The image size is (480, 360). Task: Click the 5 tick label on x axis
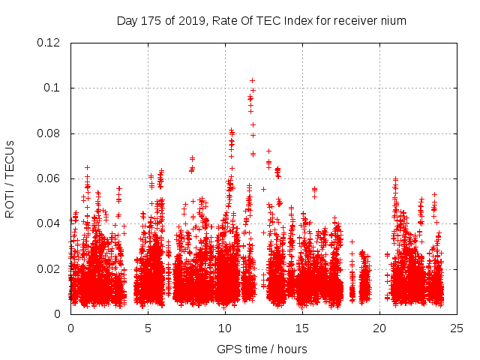coord(148,328)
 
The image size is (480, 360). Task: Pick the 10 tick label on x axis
coord(225,328)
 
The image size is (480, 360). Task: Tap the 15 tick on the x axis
coord(302,328)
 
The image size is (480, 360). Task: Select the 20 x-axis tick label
coord(379,328)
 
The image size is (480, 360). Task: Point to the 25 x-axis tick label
coord(457,328)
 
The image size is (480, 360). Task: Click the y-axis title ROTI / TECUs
coord(10,178)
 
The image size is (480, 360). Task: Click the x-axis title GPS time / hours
coord(262,349)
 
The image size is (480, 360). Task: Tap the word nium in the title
coord(394,21)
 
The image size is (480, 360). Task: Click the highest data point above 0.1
coord(252,80)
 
